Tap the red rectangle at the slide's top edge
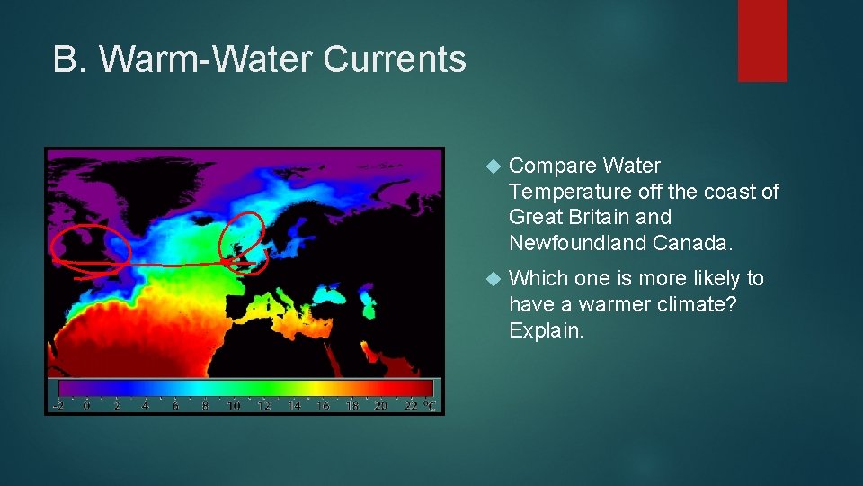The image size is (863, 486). [762, 40]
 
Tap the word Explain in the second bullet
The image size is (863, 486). [546, 330]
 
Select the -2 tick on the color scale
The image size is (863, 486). [58, 406]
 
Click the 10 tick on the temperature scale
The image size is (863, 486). [233, 406]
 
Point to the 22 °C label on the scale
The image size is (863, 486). [418, 406]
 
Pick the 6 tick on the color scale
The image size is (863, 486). [174, 406]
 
